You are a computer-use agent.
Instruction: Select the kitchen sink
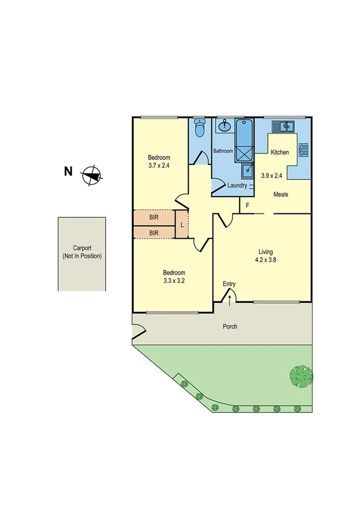pos(282,126)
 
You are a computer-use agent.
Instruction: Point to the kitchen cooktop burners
pos(304,149)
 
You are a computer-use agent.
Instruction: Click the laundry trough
pos(248,171)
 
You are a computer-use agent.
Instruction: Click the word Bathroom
pos(223,151)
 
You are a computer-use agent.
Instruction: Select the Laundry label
pos(238,186)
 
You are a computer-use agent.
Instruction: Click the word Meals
pos(282,194)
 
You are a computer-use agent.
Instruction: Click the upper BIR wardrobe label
pos(154,218)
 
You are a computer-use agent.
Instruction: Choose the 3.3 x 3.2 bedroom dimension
pos(173,281)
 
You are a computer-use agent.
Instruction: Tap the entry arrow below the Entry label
pos(229,295)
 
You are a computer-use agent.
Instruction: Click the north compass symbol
pos(92,176)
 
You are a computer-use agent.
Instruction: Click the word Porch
pos(230,327)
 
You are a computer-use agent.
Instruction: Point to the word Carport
pos(82,248)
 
